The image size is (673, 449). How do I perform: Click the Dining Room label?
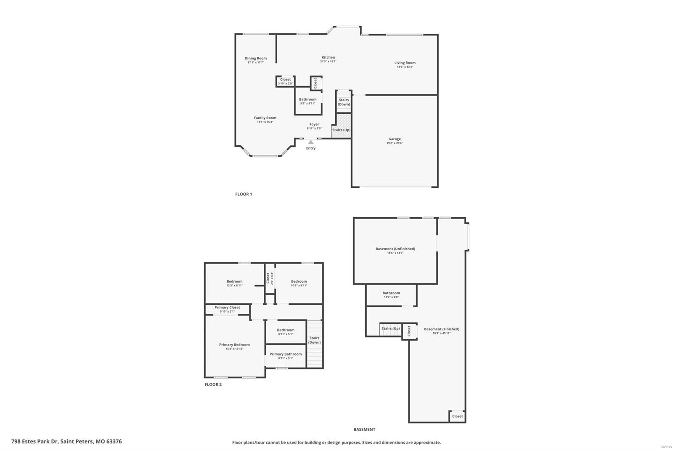tap(256, 59)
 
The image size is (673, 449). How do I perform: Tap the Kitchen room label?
tap(328, 57)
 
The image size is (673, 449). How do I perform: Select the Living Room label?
tap(405, 63)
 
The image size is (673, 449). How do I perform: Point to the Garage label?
tap(394, 139)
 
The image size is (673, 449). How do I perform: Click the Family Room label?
tap(265, 118)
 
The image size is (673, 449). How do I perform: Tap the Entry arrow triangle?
tap(310, 142)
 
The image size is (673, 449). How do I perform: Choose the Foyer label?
tap(314, 125)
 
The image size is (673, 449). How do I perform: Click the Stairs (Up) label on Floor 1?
tap(341, 130)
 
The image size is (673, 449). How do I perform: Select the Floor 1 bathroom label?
tap(307, 99)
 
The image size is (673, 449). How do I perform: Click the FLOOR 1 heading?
tap(243, 194)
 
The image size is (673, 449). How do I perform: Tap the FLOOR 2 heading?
tap(213, 385)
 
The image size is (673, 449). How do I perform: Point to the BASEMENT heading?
tap(364, 430)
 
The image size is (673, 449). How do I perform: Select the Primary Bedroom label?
tap(234, 345)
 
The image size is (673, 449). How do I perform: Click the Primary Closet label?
tap(227, 307)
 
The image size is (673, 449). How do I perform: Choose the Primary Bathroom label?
tap(286, 354)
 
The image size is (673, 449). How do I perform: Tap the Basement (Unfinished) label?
tap(395, 249)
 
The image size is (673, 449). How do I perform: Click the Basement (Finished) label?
tap(441, 329)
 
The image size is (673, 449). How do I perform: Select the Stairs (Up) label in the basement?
tap(390, 329)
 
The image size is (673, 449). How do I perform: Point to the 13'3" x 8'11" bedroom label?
tap(234, 282)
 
